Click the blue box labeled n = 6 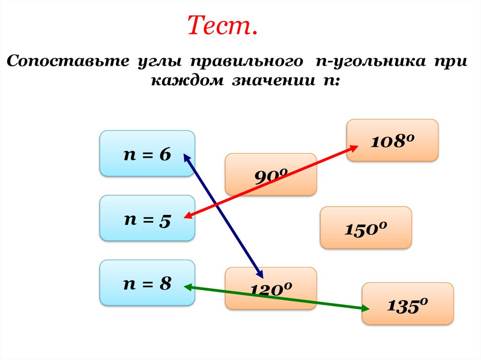[x=147, y=153]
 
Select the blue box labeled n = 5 [x=147, y=218]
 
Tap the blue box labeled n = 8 [x=147, y=283]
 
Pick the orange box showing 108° [x=392, y=140]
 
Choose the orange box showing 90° [x=271, y=174]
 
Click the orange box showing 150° [x=365, y=228]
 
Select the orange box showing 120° [x=271, y=288]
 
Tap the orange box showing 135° [x=407, y=303]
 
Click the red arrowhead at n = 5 [x=187, y=216]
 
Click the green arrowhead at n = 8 [x=187, y=286]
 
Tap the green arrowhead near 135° [x=366, y=308]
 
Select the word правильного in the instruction [x=245, y=62]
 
